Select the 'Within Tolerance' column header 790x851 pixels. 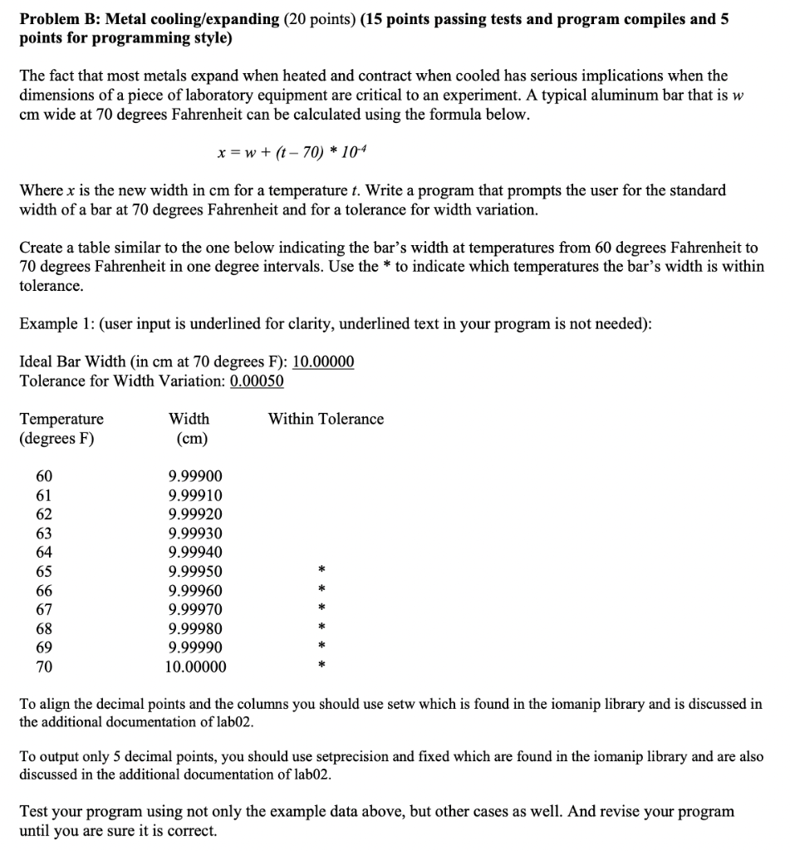click(x=326, y=419)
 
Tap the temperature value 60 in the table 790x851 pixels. click(x=44, y=476)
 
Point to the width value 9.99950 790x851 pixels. click(x=195, y=572)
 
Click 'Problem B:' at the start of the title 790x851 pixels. click(x=56, y=19)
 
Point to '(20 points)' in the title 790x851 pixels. click(x=321, y=19)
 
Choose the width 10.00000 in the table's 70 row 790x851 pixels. click(x=195, y=667)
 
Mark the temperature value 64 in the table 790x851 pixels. click(x=44, y=553)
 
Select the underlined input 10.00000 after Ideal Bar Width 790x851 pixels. click(x=324, y=362)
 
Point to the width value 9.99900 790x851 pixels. click(x=195, y=476)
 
